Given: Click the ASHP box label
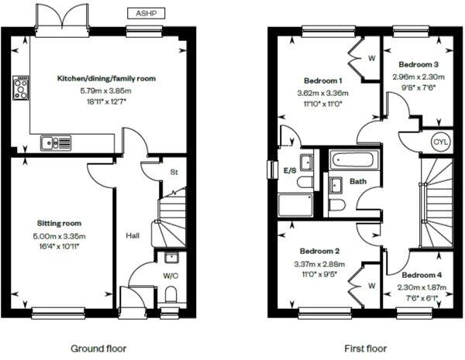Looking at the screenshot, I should tap(146, 13).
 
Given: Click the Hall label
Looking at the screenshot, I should tap(132, 235).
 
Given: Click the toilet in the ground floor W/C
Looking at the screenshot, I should tap(172, 293).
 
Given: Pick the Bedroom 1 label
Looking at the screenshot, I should tap(322, 81).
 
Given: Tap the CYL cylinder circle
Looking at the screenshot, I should tap(440, 142).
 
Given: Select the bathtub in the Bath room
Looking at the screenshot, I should tap(350, 161).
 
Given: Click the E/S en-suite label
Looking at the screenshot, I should tap(291, 170).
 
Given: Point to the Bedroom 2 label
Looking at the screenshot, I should tap(322, 251).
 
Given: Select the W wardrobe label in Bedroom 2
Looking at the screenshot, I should tap(371, 286).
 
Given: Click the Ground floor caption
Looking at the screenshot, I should tap(98, 348).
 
